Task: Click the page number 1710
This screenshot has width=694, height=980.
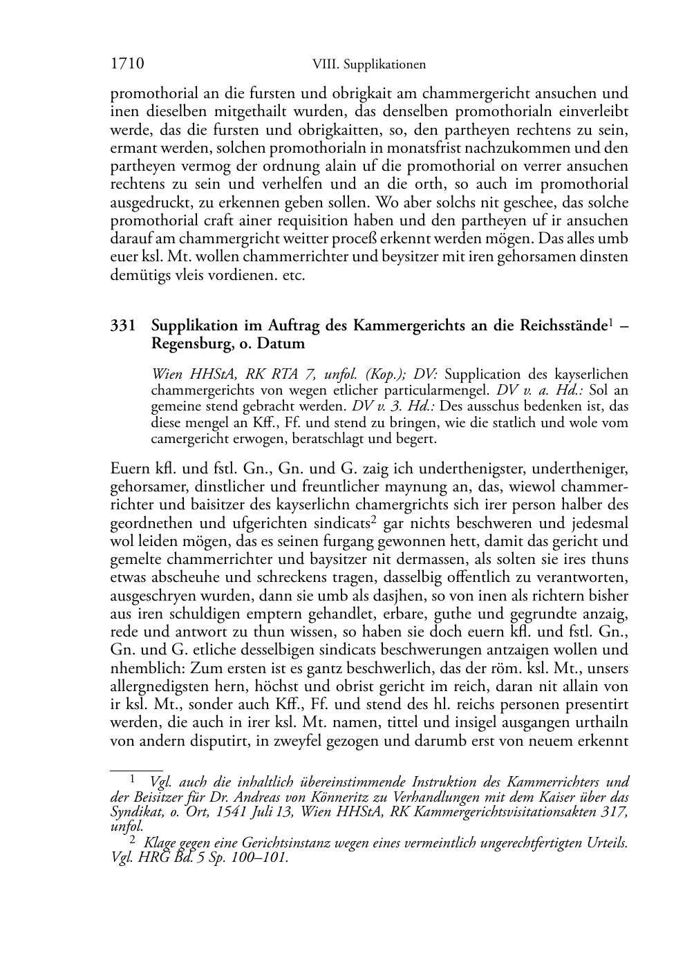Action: pyautogui.click(x=126, y=64)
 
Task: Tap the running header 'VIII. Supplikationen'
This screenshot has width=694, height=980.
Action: pyautogui.click(x=368, y=65)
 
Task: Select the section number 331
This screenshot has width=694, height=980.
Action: pyautogui.click(x=123, y=326)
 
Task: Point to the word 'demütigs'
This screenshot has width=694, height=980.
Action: pyautogui.click(x=138, y=275)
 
